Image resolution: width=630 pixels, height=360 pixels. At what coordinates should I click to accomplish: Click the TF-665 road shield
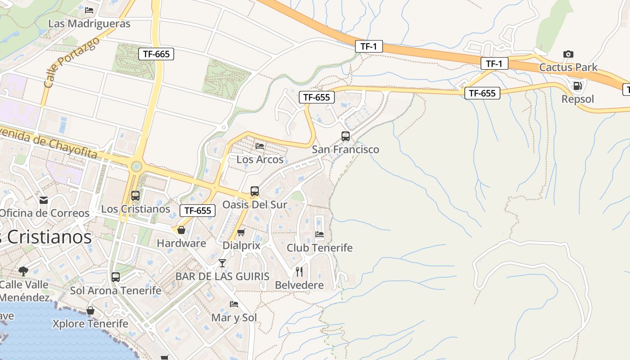click(x=156, y=54)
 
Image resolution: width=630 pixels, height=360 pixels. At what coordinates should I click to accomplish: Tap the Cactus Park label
click(x=568, y=67)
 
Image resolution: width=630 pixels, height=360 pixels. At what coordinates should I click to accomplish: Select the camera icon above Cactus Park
click(x=568, y=54)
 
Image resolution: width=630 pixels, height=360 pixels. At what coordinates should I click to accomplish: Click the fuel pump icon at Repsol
click(x=578, y=85)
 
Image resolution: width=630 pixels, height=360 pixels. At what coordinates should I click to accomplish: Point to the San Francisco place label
click(x=346, y=149)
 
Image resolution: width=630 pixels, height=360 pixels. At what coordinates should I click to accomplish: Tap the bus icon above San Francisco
click(x=346, y=136)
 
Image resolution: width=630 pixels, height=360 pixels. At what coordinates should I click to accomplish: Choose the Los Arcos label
click(x=260, y=159)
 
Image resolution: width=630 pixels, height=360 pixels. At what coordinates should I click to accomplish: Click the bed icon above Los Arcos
click(x=260, y=146)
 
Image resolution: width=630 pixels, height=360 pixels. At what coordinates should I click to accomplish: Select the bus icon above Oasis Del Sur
click(x=255, y=191)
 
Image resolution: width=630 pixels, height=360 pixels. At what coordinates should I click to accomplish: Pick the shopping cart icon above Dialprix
click(x=241, y=233)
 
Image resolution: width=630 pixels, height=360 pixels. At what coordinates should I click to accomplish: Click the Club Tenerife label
click(x=319, y=248)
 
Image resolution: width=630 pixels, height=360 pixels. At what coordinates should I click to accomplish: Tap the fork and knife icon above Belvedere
click(x=299, y=271)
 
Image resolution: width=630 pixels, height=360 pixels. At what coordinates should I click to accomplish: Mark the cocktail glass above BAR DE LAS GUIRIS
click(x=222, y=263)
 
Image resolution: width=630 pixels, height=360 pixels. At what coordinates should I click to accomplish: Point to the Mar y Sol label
click(x=234, y=318)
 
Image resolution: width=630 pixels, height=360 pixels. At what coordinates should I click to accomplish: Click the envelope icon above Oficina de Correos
click(x=44, y=200)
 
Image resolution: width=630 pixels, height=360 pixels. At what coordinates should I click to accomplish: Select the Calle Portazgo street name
click(x=72, y=63)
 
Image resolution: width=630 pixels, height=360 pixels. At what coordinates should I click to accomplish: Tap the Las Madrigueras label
click(x=89, y=23)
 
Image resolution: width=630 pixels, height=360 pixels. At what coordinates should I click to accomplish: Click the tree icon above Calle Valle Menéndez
click(x=23, y=271)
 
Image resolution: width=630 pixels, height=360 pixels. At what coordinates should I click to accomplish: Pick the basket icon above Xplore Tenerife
click(x=90, y=310)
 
